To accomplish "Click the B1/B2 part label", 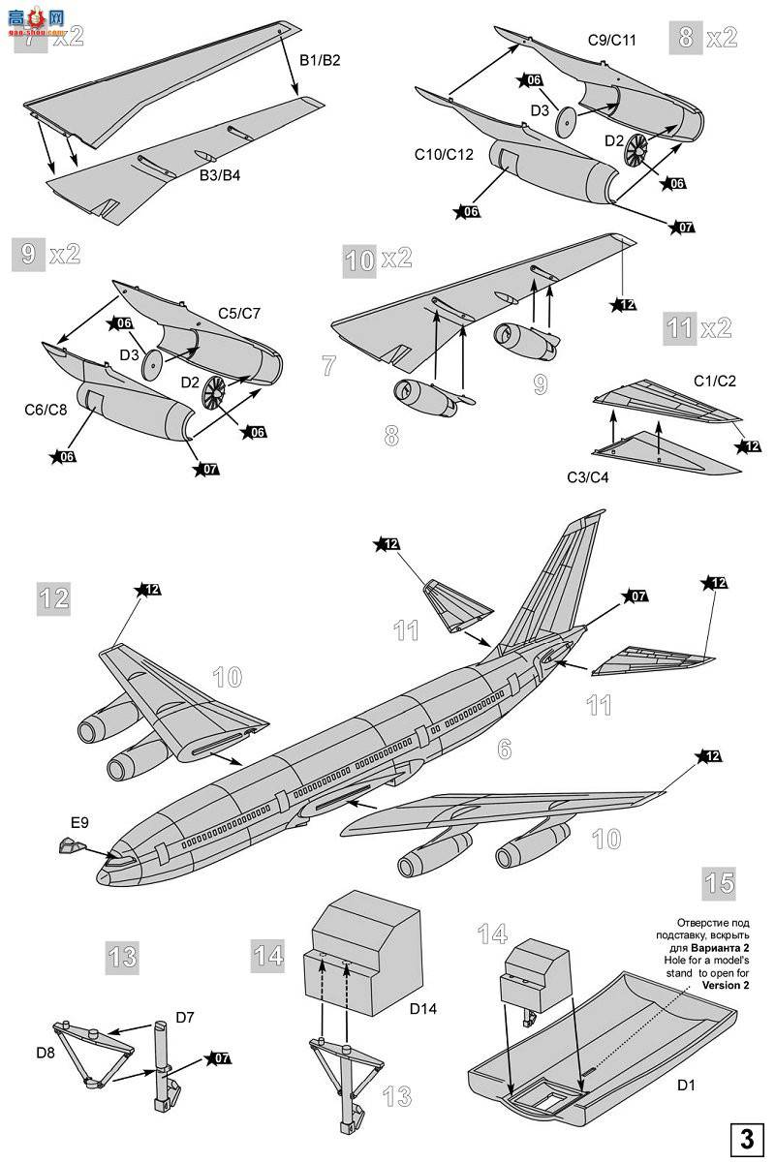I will (319, 60).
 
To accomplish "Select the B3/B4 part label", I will (221, 174).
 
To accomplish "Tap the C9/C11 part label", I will (611, 40).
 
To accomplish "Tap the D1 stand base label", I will (686, 1086).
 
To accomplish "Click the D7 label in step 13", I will (186, 1017).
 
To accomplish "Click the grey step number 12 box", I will (54, 597).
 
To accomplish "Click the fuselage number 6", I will (504, 748).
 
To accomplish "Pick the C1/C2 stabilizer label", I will (715, 381).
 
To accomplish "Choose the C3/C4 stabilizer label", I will (588, 476).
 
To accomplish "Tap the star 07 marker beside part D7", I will (220, 1057).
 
